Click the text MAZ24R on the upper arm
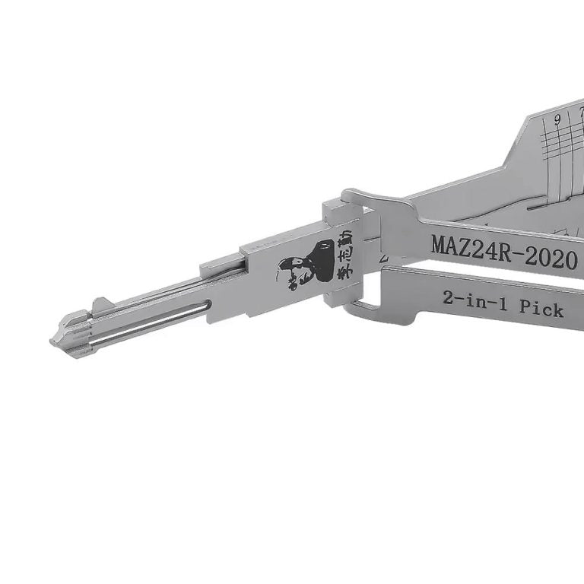tap(466, 247)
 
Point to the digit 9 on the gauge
tap(558, 119)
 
